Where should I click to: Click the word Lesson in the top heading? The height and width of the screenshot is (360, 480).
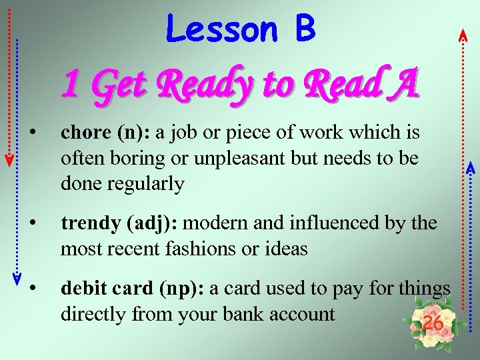pos(222,29)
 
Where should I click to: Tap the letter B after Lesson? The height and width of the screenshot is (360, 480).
pos(303,29)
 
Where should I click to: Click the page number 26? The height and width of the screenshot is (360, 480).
pos(433,323)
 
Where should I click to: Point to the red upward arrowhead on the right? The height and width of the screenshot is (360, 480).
pos(463,37)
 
